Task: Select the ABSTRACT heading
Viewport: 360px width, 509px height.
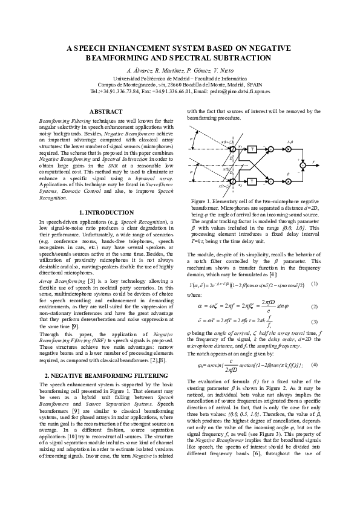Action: coord(105,112)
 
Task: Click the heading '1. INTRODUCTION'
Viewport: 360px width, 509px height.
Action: coord(105,213)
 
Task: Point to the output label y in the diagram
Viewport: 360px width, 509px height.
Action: coord(313,162)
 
